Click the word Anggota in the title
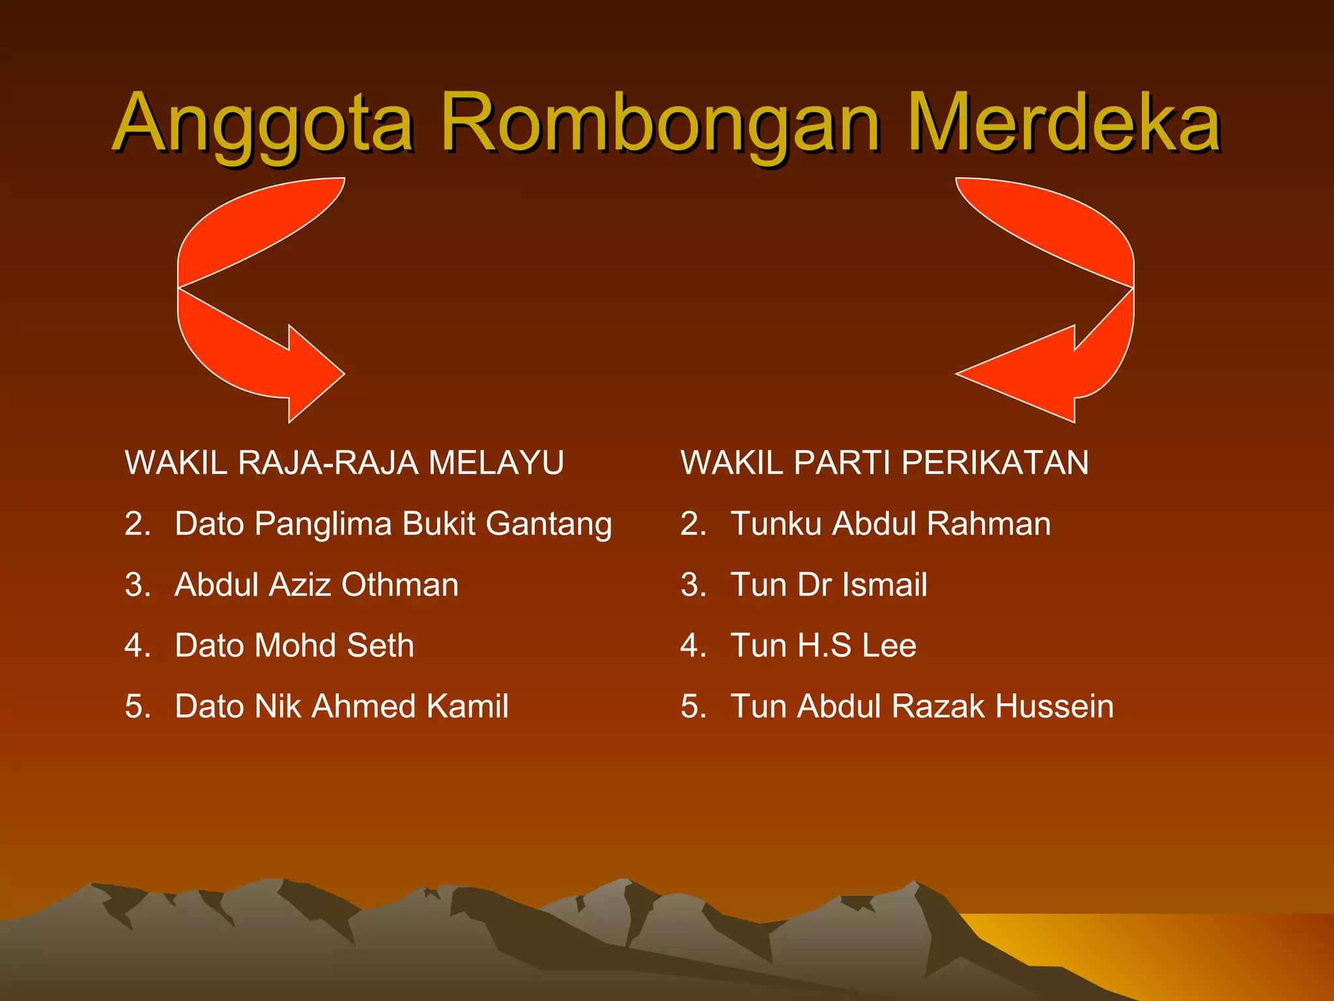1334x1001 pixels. coord(264,124)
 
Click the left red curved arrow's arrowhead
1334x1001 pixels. coord(313,374)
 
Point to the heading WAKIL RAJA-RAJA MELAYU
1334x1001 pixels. coord(344,463)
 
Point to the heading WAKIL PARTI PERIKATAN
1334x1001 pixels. coord(884,463)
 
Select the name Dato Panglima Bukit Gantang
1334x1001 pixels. coord(393,524)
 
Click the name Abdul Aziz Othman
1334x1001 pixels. coord(317,585)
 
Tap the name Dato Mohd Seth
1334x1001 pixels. coord(294,645)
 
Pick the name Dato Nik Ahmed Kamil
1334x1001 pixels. coord(341,706)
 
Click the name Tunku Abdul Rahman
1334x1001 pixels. coord(890,524)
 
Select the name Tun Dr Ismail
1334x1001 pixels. coord(829,585)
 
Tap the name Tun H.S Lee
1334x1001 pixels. coord(823,645)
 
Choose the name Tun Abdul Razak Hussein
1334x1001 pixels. coord(922,706)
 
